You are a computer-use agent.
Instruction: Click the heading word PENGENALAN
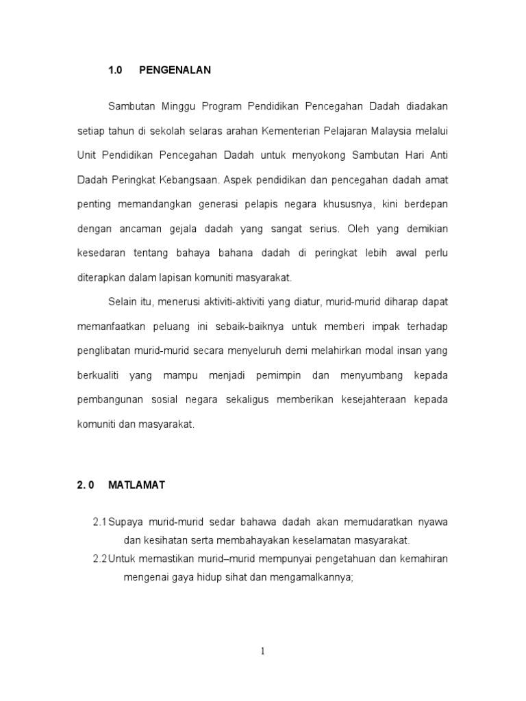175,70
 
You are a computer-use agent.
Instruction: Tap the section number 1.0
114,70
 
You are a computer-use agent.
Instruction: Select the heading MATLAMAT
137,485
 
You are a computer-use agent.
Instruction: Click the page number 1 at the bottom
262,652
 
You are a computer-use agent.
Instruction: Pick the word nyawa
433,522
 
